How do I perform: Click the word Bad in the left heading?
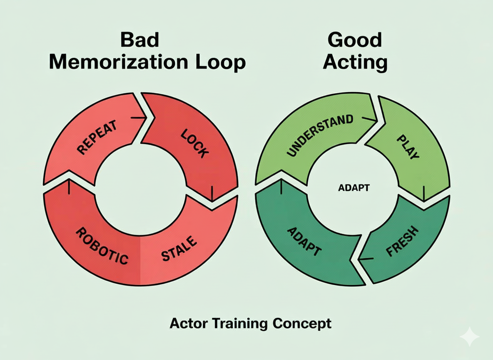click(x=139, y=40)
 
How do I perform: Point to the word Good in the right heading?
click(x=355, y=40)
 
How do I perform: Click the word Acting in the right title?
click(x=355, y=62)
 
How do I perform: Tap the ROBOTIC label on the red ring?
click(x=102, y=246)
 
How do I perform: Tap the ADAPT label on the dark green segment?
click(x=304, y=242)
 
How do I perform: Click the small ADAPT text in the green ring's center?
click(x=353, y=187)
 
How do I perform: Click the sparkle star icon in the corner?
click(x=469, y=337)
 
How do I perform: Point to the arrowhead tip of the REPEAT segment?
click(x=146, y=118)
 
